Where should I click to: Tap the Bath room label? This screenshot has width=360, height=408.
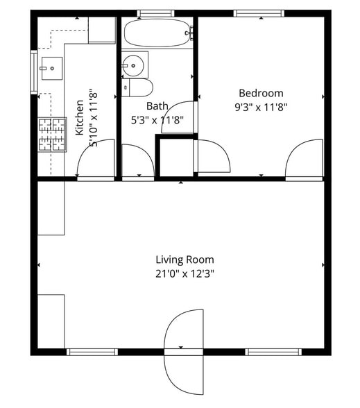click(157, 106)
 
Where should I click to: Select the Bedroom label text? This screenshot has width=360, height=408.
click(261, 93)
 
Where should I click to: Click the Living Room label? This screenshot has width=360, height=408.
click(184, 260)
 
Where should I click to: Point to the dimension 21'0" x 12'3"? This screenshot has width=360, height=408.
click(184, 273)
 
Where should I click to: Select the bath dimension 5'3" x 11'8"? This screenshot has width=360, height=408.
click(157, 119)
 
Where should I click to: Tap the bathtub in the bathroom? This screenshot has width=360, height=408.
click(157, 32)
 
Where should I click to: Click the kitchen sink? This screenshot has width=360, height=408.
click(50, 67)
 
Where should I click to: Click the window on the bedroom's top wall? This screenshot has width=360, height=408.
click(259, 13)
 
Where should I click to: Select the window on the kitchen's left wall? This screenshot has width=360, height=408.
click(33, 71)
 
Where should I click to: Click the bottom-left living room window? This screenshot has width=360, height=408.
click(92, 352)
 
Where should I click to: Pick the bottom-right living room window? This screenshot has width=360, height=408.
click(274, 352)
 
